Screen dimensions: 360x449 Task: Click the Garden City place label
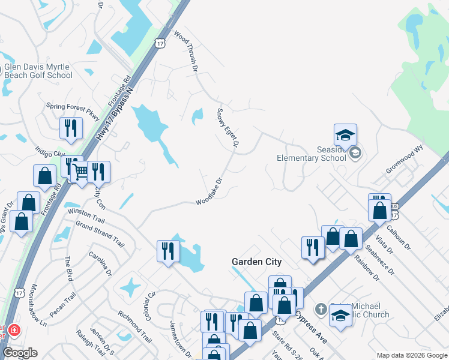(257, 262)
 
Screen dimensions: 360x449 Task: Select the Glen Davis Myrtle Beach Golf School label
(38, 71)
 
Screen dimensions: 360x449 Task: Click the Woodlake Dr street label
(209, 191)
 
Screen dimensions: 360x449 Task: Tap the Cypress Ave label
(312, 330)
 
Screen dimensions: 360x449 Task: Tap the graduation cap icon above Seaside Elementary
(346, 135)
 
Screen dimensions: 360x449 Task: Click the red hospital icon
(13, 331)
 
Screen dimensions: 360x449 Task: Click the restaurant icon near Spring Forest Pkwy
(71, 128)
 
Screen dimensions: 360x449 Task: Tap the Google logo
(20, 353)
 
